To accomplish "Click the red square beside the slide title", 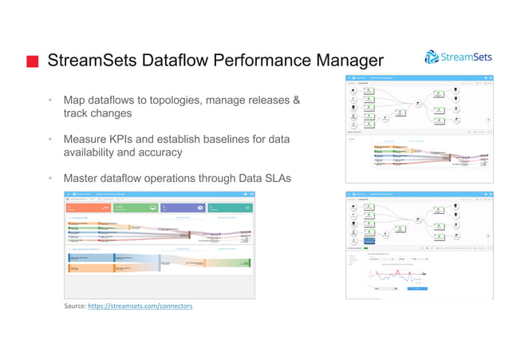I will click(x=31, y=61).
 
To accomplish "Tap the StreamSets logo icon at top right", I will click(x=432, y=57).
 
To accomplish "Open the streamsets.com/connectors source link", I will click(x=140, y=306).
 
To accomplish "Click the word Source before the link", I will click(x=74, y=306).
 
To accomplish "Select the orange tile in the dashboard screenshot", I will click(x=82, y=208).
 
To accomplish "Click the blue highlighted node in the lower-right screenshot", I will click(x=369, y=239).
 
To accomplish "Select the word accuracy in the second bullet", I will click(x=156, y=152).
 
